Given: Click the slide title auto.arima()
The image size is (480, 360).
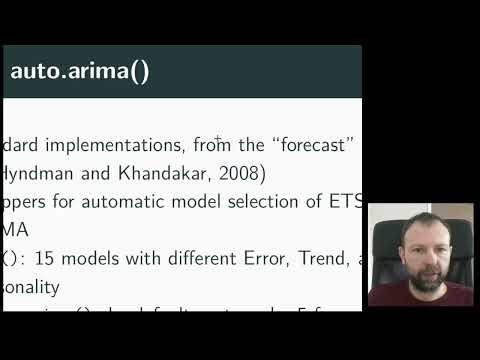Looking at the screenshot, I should point(80,72).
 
